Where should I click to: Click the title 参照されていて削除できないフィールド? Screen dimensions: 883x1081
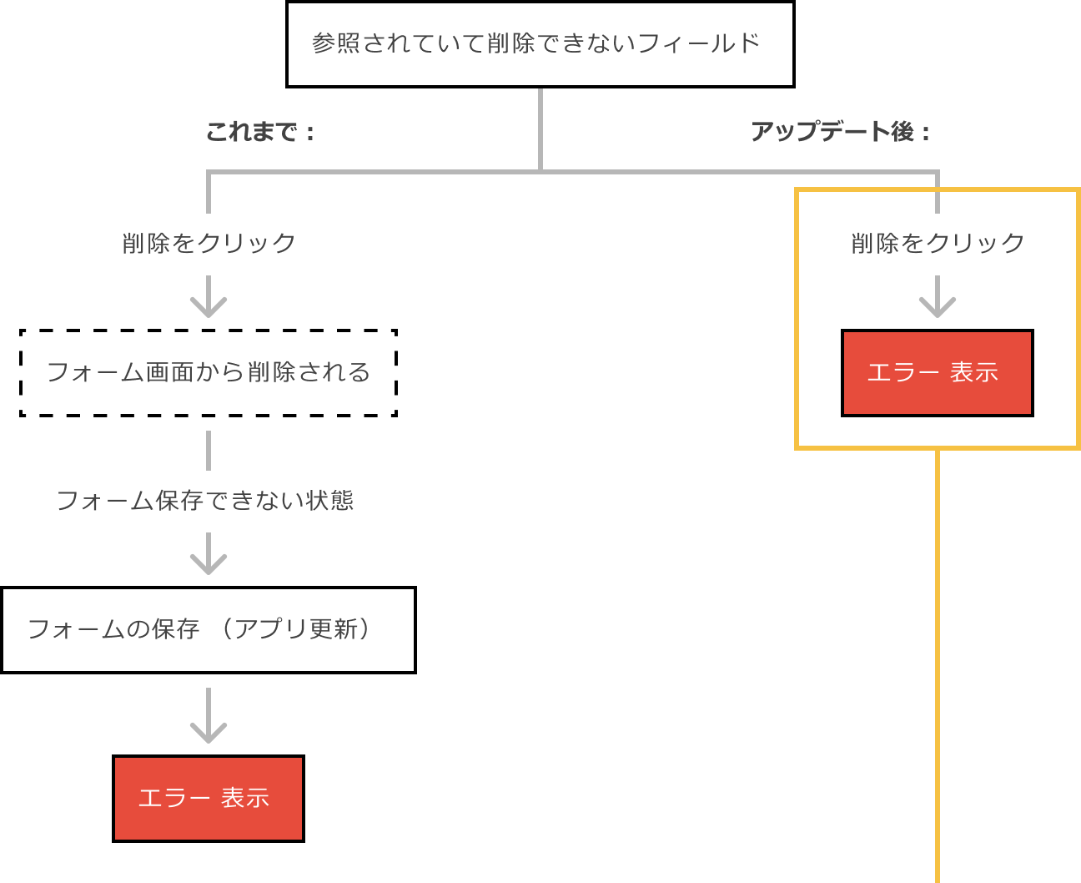[535, 43]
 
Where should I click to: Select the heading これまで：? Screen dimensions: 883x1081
[259, 132]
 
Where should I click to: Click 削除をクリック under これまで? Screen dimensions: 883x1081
[209, 243]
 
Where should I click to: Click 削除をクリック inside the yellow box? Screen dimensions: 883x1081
[938, 243]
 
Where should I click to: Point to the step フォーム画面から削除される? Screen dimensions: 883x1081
[209, 371]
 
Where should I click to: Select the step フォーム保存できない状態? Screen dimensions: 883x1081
[205, 500]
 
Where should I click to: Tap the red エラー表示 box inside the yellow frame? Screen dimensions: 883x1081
[937, 372]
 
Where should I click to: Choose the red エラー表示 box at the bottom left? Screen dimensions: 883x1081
[208, 798]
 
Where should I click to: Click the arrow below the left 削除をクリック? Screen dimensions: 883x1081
[209, 298]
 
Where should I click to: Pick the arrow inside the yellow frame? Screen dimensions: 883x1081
[938, 298]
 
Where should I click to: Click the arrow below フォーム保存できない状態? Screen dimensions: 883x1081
[209, 555]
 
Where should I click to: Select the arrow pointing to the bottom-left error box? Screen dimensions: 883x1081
[209, 716]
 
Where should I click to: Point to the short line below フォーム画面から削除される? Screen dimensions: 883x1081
[209, 451]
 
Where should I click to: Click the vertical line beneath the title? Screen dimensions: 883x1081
[540, 129]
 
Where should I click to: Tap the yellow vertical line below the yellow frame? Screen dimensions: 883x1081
[938, 668]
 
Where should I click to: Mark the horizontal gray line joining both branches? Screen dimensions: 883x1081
[375, 173]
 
